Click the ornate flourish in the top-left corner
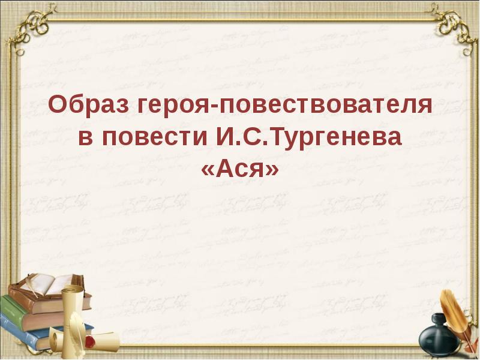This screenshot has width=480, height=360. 30,24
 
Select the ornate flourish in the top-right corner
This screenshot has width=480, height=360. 450,24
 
